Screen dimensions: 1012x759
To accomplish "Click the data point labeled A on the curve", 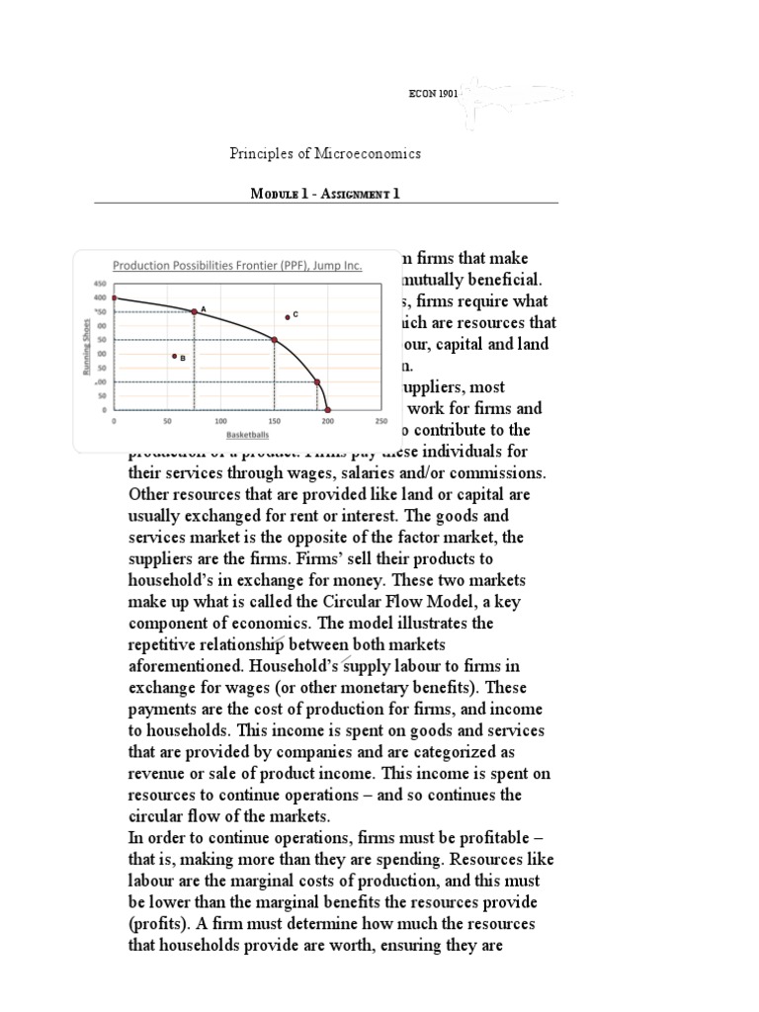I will [x=194, y=311].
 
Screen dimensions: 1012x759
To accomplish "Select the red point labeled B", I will [x=174, y=356].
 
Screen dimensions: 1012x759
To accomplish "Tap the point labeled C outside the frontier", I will [x=287, y=317].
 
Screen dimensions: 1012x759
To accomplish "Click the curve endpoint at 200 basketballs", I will [x=328, y=409].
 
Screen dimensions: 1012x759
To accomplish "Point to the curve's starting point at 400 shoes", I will [x=115, y=297].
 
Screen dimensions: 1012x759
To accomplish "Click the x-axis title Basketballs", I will [x=247, y=434].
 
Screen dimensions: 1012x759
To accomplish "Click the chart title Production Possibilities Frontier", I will [x=236, y=266].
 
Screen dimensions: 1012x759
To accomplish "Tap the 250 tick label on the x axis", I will [x=381, y=421].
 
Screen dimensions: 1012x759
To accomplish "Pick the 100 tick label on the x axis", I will [x=220, y=421].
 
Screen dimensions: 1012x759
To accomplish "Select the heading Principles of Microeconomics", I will [x=325, y=153].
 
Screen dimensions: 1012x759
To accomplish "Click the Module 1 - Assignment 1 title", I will [x=326, y=194].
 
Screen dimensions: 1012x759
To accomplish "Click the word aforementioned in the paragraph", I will [x=187, y=666].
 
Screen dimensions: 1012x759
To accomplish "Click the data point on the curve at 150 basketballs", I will [x=274, y=340].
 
